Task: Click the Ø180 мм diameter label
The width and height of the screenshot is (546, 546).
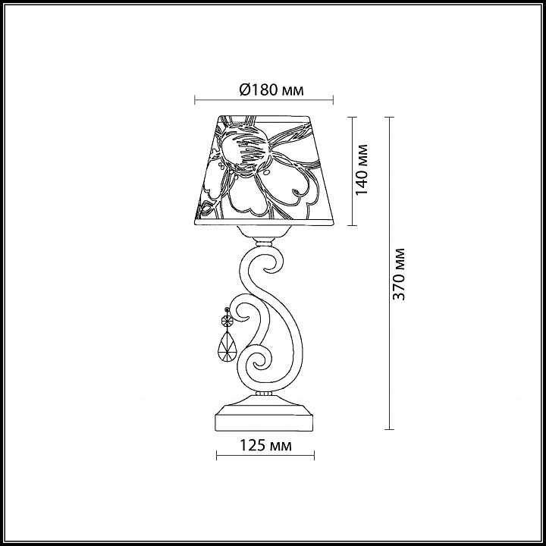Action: (x=271, y=90)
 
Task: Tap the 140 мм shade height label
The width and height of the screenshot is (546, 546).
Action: (x=362, y=170)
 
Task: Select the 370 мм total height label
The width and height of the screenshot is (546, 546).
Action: (x=399, y=274)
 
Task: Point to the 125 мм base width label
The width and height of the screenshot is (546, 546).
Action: (x=265, y=445)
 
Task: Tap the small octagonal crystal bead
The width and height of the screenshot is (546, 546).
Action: (x=227, y=319)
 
